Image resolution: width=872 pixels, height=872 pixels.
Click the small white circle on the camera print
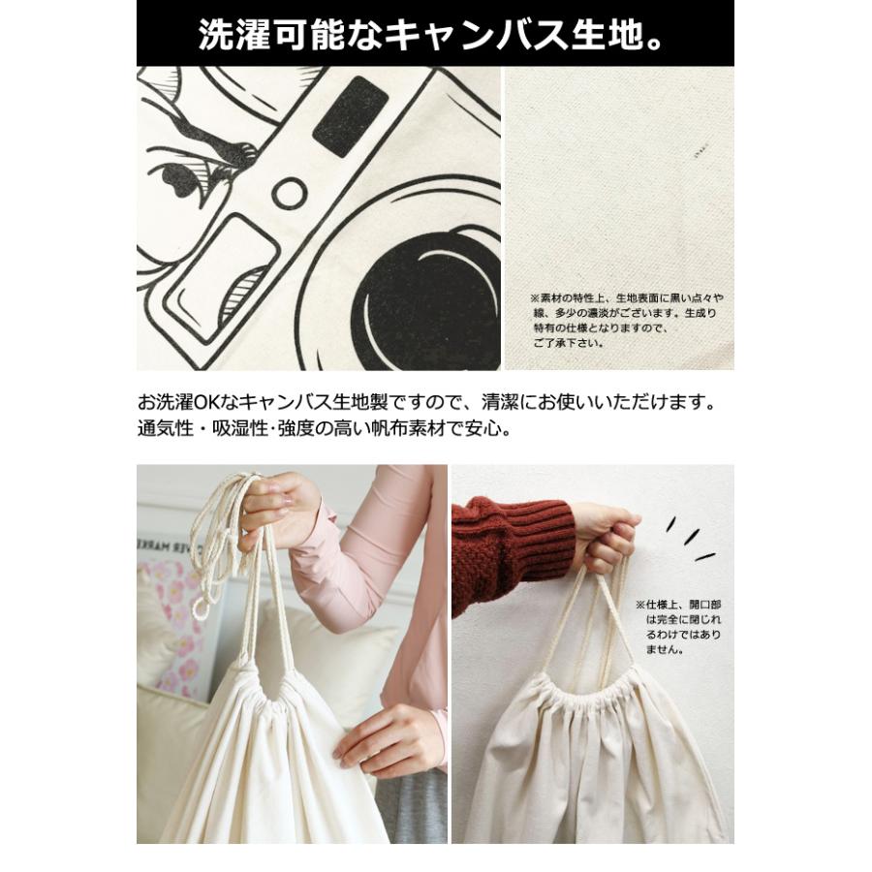tap(289, 193)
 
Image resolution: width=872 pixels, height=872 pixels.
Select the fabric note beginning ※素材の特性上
tap(626, 320)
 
